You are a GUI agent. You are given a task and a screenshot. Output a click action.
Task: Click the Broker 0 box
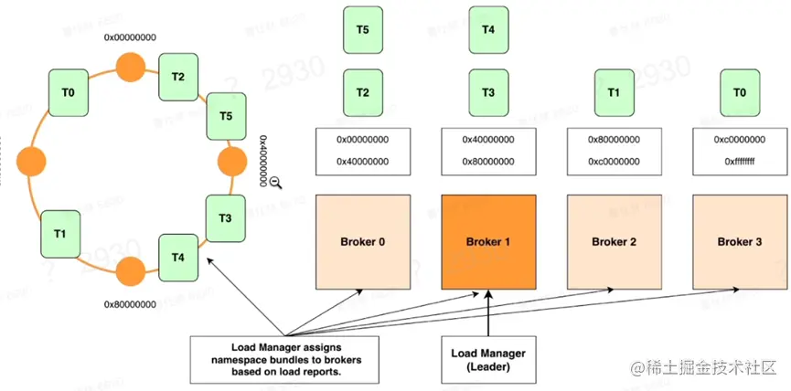pos(362,241)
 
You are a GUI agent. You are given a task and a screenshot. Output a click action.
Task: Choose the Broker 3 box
pos(737,241)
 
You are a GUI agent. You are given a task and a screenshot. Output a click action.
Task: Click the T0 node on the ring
pos(69,93)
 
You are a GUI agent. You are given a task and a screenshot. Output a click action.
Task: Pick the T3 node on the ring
pos(225,217)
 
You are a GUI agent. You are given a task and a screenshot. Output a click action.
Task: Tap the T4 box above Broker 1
pos(488,28)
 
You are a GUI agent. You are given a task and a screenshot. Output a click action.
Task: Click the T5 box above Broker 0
pos(363,28)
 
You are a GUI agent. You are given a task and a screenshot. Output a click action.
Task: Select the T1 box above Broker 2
pos(614,92)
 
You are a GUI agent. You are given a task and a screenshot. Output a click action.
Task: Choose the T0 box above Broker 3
pos(739,92)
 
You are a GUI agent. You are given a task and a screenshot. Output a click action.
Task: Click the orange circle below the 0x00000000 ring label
pos(130,67)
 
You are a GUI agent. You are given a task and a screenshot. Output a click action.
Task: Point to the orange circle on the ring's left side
pos(31,162)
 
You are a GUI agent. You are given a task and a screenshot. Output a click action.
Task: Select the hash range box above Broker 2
pos(612,151)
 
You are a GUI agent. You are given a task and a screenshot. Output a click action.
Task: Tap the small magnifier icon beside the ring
pos(276,182)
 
